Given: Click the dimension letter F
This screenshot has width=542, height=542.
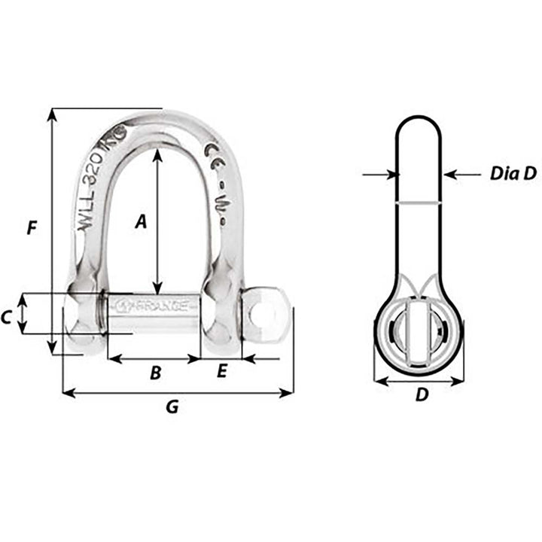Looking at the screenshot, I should coord(31,228).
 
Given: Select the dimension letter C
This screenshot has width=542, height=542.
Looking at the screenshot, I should coord(7,318).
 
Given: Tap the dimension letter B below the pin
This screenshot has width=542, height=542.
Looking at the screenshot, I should coord(154,372).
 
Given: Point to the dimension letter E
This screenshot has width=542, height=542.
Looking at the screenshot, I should coord(221,371).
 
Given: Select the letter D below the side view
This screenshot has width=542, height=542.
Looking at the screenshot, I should coord(422,394).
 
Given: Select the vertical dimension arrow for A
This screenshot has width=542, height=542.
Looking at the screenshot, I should coord(157,221).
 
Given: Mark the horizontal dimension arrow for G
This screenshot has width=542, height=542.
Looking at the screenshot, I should coord(178,392).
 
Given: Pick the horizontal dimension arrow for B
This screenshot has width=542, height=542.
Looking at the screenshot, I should coord(154,359).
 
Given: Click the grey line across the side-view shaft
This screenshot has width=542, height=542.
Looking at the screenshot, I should coord(419,202).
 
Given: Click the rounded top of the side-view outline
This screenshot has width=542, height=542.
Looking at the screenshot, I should coord(419,119).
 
